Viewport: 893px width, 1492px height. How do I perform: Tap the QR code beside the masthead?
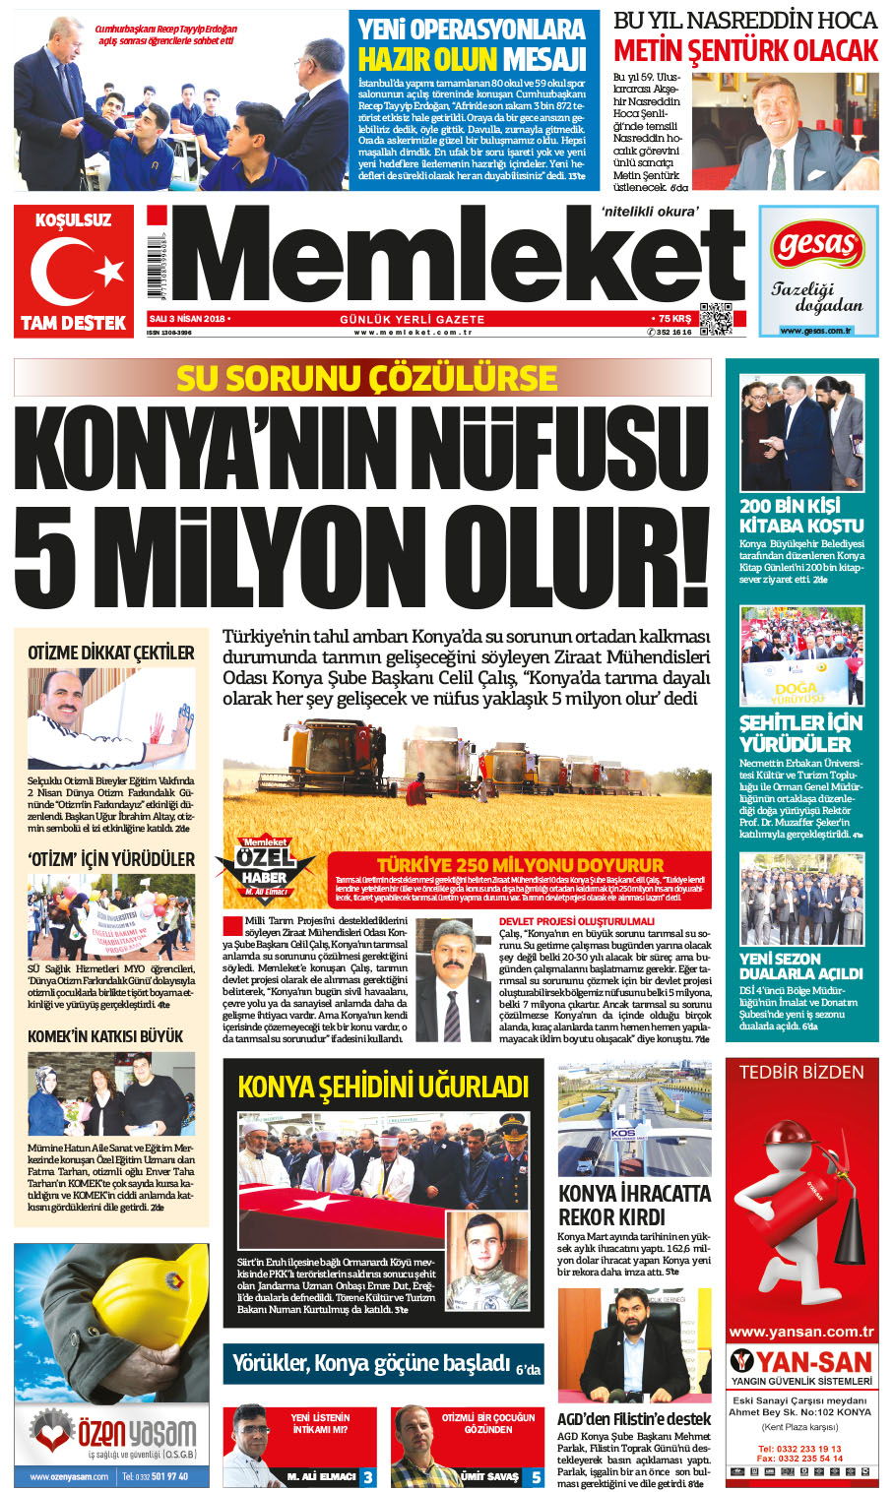click(716, 319)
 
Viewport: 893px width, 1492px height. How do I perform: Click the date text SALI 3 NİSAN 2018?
click(187, 319)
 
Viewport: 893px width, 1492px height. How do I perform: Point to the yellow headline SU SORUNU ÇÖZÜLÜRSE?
click(366, 378)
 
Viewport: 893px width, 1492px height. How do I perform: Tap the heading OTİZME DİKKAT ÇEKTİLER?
click(111, 653)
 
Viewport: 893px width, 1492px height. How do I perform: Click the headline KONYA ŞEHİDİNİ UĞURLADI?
click(383, 1087)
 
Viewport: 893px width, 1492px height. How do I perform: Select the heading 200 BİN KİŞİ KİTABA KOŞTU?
click(801, 516)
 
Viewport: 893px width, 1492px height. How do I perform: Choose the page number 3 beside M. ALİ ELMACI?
click(367, 1476)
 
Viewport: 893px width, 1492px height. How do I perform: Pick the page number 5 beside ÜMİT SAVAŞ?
click(536, 1476)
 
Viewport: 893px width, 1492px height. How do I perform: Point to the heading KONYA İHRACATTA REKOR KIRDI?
click(634, 1205)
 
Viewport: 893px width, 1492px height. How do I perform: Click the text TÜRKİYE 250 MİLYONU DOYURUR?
click(520, 864)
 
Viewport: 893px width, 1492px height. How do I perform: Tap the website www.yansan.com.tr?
click(801, 1332)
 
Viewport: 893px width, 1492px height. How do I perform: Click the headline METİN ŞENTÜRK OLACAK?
click(745, 50)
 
